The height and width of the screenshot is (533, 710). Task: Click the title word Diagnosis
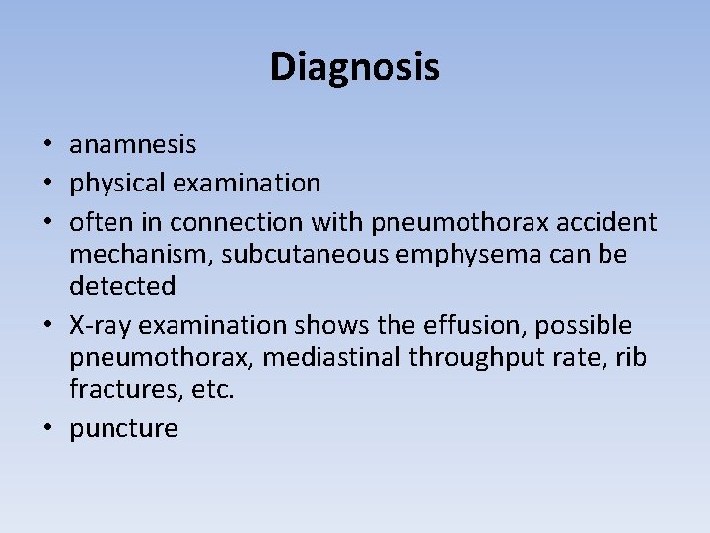coord(354,67)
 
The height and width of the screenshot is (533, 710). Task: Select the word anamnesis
coord(132,145)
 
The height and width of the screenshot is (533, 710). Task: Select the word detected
coord(122,287)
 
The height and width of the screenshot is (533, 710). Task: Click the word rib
coord(631,358)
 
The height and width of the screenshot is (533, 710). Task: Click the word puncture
coord(123,429)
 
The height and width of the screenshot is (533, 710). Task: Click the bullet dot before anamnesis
coord(46,146)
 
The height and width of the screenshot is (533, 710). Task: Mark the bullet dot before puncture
coord(46,429)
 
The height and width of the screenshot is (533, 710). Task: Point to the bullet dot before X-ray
coord(46,326)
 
